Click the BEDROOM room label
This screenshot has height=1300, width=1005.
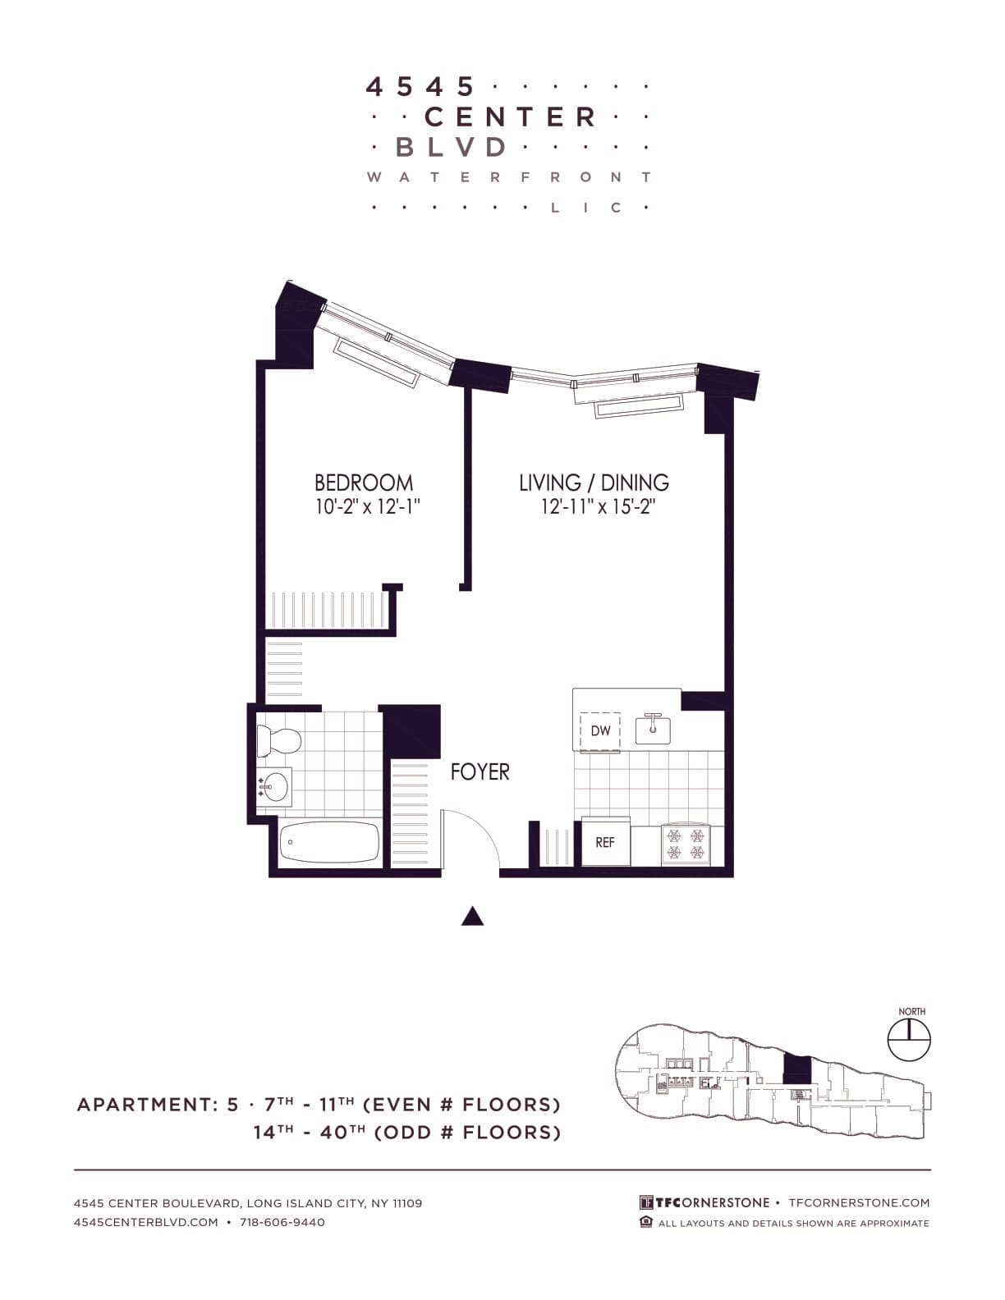(x=364, y=482)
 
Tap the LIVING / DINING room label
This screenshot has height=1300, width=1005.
(x=594, y=482)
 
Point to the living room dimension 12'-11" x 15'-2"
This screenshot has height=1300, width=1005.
(x=597, y=506)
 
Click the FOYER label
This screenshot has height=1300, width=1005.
(x=480, y=771)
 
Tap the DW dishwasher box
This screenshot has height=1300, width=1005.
(x=600, y=730)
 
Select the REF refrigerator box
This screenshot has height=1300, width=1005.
(x=605, y=842)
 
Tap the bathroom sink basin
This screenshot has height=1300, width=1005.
(x=275, y=787)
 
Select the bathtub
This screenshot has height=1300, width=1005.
(x=329, y=842)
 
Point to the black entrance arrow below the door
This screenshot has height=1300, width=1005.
(x=472, y=916)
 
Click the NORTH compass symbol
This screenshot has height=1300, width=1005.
(x=910, y=1040)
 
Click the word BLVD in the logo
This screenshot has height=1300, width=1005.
(x=451, y=147)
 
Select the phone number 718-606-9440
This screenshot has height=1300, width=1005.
(x=282, y=1222)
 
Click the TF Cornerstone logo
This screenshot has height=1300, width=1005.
(x=704, y=1202)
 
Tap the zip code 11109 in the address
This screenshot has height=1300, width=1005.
(x=407, y=1203)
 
